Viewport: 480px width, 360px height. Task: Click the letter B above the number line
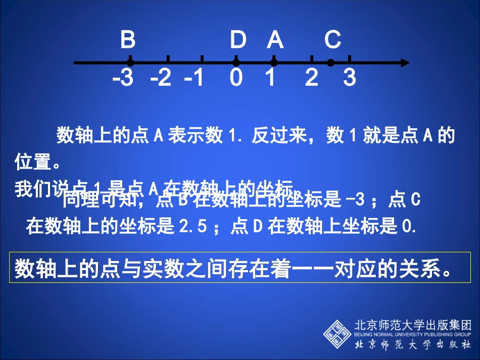[x=128, y=39]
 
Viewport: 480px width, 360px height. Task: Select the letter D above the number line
[x=237, y=39]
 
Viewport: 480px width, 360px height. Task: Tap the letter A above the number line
[x=275, y=39]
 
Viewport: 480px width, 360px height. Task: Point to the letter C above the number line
[x=332, y=39]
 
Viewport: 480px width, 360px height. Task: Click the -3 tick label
[x=123, y=78]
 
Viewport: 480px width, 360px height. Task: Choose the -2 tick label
[x=161, y=78]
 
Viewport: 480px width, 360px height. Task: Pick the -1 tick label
[x=194, y=78]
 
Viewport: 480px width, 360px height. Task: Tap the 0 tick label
[x=236, y=78]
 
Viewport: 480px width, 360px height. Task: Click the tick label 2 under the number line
[x=312, y=78]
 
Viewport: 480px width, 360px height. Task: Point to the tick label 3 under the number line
[x=350, y=78]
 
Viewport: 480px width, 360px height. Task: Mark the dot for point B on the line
[x=130, y=63]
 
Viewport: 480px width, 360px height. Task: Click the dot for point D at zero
[x=236, y=63]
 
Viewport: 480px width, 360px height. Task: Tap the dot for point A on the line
[x=274, y=63]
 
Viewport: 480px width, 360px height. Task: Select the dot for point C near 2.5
[x=330, y=63]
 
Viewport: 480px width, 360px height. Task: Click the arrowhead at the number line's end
[x=405, y=63]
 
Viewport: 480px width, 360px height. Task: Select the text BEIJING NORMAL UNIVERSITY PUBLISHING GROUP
[x=413, y=334]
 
